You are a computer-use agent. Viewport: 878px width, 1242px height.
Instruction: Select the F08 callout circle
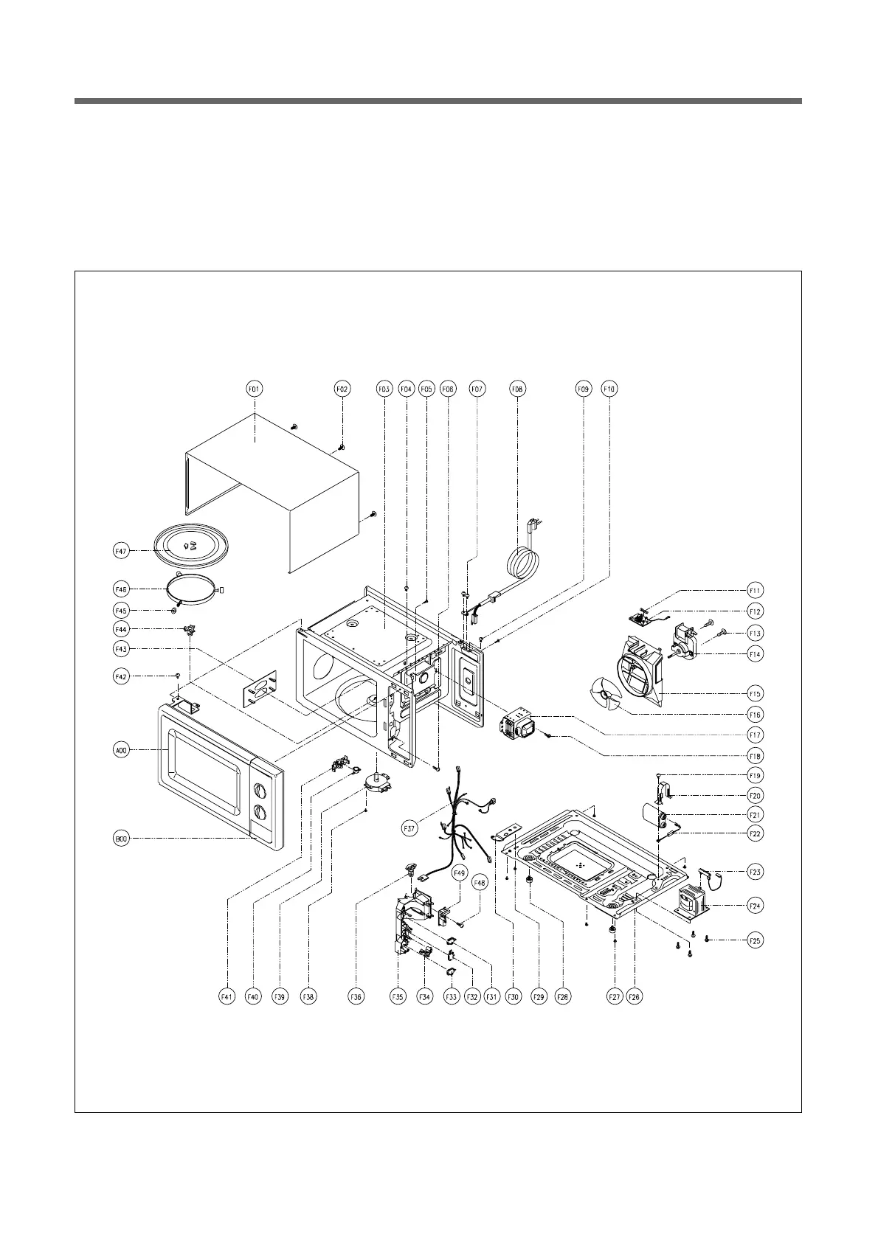point(517,388)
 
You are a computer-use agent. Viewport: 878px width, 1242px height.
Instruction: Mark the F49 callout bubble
point(459,873)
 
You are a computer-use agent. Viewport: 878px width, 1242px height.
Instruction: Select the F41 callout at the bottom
point(227,997)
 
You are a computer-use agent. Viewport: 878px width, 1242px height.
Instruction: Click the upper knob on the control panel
point(260,791)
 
